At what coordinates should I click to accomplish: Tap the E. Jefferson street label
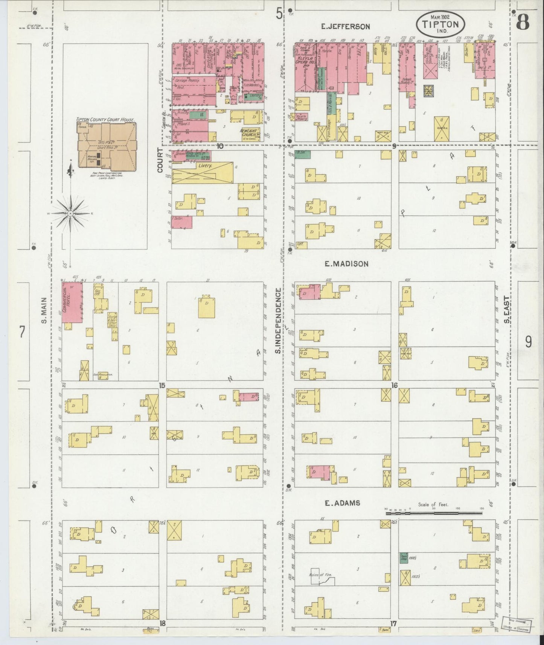(346, 26)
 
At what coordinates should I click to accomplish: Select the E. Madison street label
(346, 264)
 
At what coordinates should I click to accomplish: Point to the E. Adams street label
(343, 503)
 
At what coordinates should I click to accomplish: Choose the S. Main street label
(44, 310)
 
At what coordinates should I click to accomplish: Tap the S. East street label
(507, 310)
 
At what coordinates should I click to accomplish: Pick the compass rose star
(70, 213)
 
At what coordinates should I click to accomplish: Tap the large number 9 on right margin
(528, 342)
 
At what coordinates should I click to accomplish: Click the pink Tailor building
(182, 222)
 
